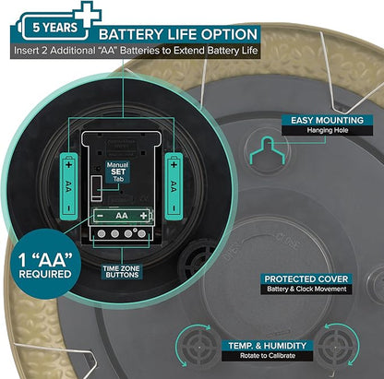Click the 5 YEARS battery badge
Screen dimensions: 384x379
pyautogui.click(x=52, y=27)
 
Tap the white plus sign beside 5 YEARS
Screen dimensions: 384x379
pyautogui.click(x=87, y=15)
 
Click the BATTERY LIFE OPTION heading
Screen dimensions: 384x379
pyautogui.click(x=178, y=34)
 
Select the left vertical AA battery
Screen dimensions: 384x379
pyautogui.click(x=68, y=186)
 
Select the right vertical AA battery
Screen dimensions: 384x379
pyautogui.click(x=174, y=186)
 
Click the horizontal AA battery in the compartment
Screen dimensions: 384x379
pyautogui.click(x=122, y=216)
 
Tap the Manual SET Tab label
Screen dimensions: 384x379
pyautogui.click(x=118, y=172)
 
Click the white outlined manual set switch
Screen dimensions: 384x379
pyautogui.click(x=97, y=188)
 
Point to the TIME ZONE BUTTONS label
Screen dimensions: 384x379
pyautogui.click(x=122, y=272)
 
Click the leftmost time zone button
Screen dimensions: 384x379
pyautogui.click(x=102, y=234)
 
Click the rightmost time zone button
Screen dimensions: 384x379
pyautogui.click(x=141, y=234)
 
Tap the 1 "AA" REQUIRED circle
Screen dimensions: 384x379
pyautogui.click(x=45, y=264)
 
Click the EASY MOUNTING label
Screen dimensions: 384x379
pyautogui.click(x=328, y=120)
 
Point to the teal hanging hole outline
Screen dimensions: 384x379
pyautogui.click(x=268, y=150)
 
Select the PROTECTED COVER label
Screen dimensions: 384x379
pyautogui.click(x=306, y=279)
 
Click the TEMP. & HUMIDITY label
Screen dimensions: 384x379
pyautogui.click(x=267, y=346)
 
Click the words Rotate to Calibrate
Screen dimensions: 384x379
pyautogui.click(x=268, y=356)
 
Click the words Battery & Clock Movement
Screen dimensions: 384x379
pyautogui.click(x=306, y=289)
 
